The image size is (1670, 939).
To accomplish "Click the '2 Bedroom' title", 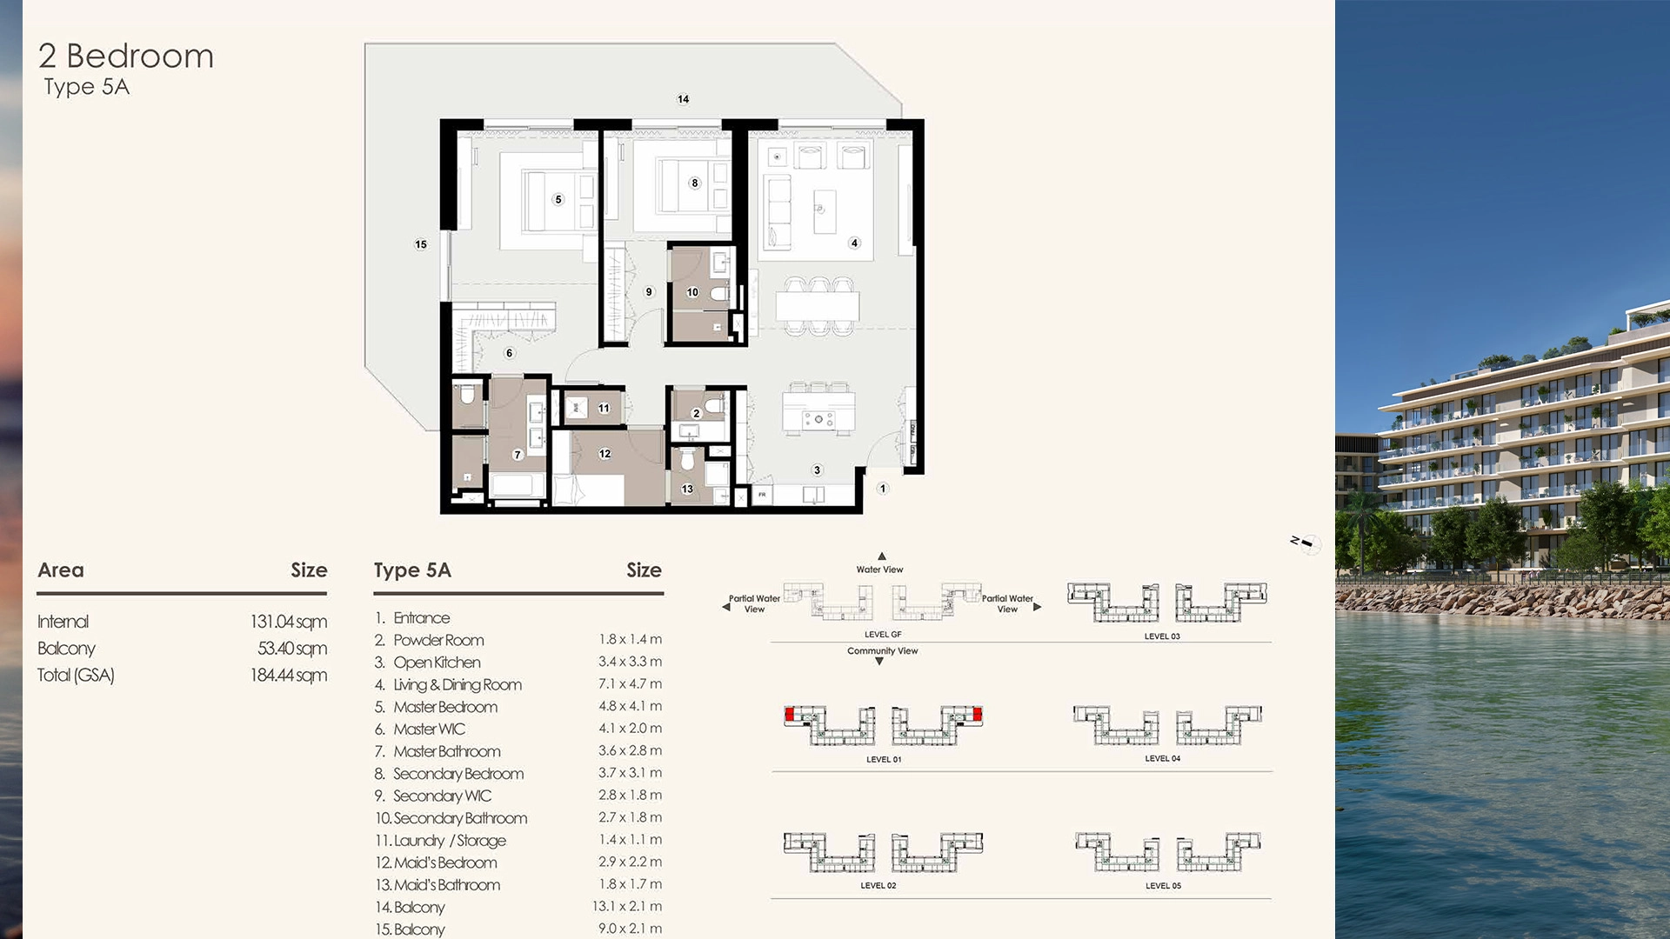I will (x=126, y=57).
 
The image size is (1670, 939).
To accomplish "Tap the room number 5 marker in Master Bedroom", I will (x=558, y=199).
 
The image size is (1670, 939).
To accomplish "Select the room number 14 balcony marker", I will (x=683, y=99).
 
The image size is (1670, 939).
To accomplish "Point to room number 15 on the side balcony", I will (x=421, y=244).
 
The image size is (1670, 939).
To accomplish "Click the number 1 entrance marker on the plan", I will (x=883, y=489).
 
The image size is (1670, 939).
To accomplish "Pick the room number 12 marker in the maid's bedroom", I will (x=605, y=454).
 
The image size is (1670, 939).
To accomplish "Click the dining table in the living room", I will (x=818, y=306).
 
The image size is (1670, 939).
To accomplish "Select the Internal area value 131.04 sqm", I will (x=288, y=622).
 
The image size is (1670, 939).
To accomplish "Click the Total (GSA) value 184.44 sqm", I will (x=288, y=676).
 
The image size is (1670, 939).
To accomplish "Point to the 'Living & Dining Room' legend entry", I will (x=457, y=685).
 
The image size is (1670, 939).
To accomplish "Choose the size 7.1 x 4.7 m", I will (x=630, y=684).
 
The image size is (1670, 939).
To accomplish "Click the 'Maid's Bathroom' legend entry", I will (x=446, y=885).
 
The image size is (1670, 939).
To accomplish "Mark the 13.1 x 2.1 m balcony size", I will (x=626, y=907).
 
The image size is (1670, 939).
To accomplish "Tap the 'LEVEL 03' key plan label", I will (x=1162, y=636).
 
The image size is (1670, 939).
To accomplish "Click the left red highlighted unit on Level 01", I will (x=790, y=715).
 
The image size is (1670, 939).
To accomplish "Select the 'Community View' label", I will (x=882, y=651).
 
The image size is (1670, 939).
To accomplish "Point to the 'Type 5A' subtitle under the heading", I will (x=87, y=87).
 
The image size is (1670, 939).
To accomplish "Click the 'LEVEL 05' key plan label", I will (x=1163, y=886).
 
